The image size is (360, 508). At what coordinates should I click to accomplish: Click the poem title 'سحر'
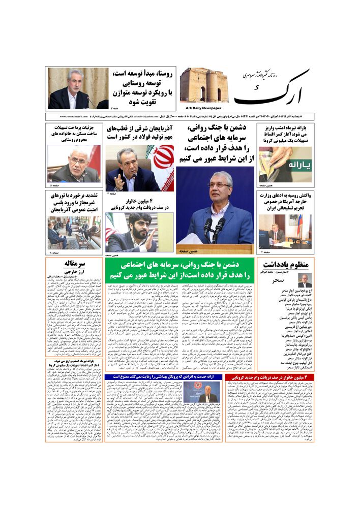pyautogui.click(x=279, y=280)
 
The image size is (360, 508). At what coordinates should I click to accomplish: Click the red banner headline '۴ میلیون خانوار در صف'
pyautogui.click(x=271, y=376)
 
